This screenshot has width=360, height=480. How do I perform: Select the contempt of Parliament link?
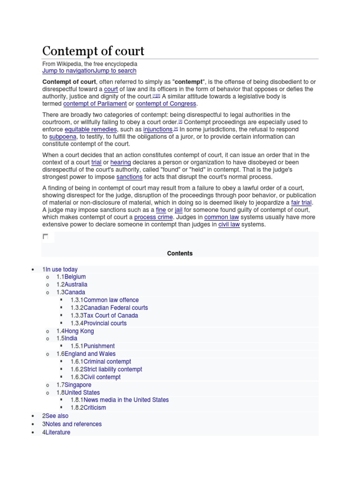(x=95, y=104)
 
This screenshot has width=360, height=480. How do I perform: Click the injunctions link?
(x=158, y=129)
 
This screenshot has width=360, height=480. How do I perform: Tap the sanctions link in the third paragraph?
(x=129, y=177)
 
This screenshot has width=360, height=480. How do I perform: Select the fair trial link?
(x=301, y=202)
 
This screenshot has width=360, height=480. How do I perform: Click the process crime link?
(x=153, y=217)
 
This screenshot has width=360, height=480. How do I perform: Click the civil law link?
(x=229, y=225)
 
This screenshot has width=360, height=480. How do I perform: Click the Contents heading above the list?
(x=180, y=254)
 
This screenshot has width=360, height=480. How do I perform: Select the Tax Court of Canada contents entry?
(x=111, y=315)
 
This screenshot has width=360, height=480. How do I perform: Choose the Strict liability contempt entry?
(x=112, y=369)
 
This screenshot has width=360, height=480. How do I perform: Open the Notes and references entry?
(x=74, y=424)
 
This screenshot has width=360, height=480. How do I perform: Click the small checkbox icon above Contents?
(x=45, y=237)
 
